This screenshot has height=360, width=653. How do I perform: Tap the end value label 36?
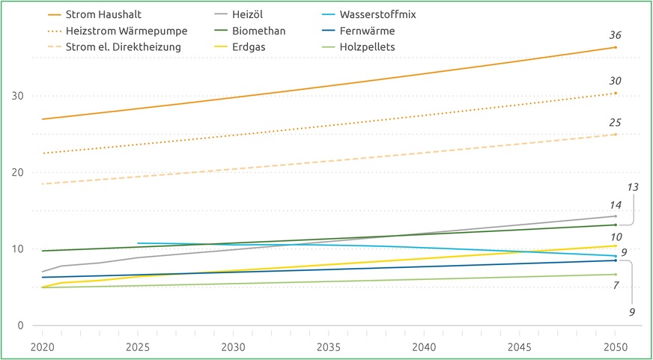(x=615, y=35)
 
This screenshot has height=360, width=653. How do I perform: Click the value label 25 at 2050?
(x=615, y=122)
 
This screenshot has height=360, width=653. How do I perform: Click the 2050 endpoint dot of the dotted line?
(x=616, y=94)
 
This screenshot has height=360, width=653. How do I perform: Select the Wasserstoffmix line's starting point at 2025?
(x=138, y=243)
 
